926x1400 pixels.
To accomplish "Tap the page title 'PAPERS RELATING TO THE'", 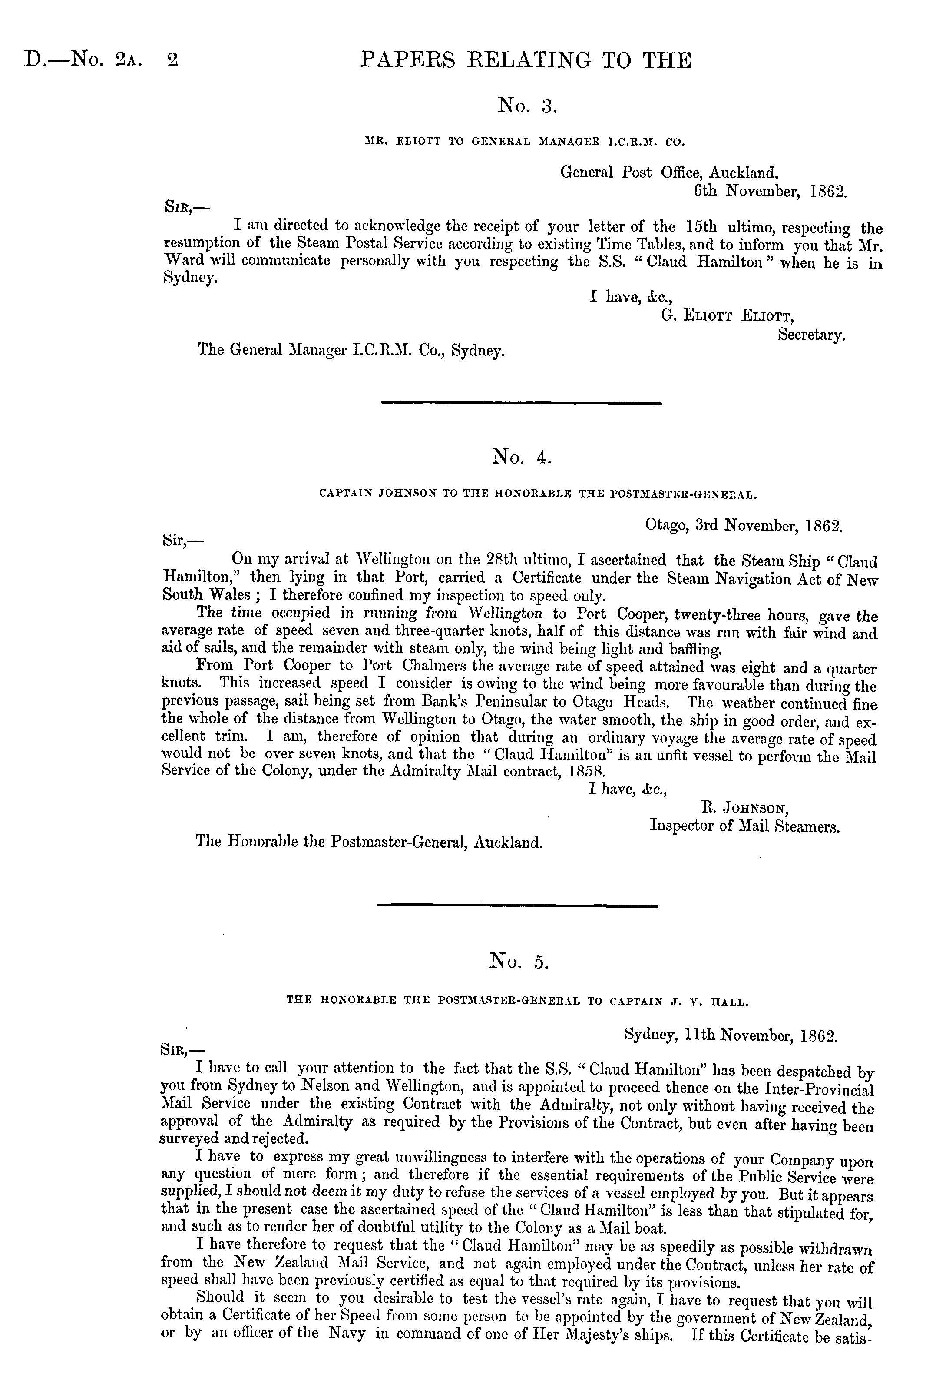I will click(526, 60).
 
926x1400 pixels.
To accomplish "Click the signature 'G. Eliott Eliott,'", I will click(727, 315).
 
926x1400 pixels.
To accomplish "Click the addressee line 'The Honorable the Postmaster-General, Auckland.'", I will click(369, 841).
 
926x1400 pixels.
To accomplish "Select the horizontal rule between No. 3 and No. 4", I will click(522, 404).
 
